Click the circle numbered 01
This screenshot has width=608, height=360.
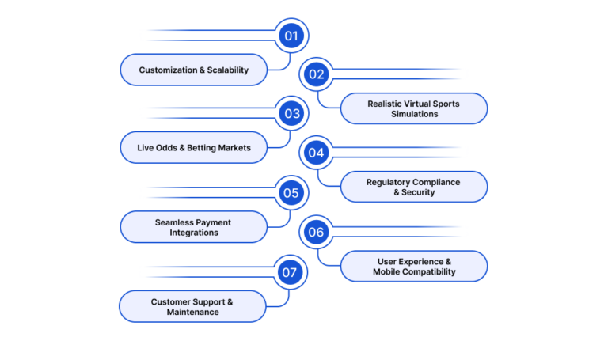(x=291, y=36)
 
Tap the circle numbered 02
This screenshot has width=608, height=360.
(x=317, y=74)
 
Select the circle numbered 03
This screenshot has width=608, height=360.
(x=291, y=114)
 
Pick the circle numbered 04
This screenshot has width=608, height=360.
(x=317, y=153)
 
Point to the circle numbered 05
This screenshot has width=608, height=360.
(x=291, y=192)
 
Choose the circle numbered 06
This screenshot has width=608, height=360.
(x=317, y=232)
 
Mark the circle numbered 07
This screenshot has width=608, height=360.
(x=291, y=272)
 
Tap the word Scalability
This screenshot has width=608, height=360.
(x=228, y=70)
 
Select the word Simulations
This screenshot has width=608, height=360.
(x=415, y=114)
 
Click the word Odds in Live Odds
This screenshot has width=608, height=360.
(x=166, y=148)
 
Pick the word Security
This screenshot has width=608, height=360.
(x=418, y=192)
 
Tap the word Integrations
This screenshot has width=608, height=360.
(x=194, y=233)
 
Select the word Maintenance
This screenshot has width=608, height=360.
(x=192, y=312)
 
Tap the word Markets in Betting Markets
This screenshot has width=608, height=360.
(x=234, y=148)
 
